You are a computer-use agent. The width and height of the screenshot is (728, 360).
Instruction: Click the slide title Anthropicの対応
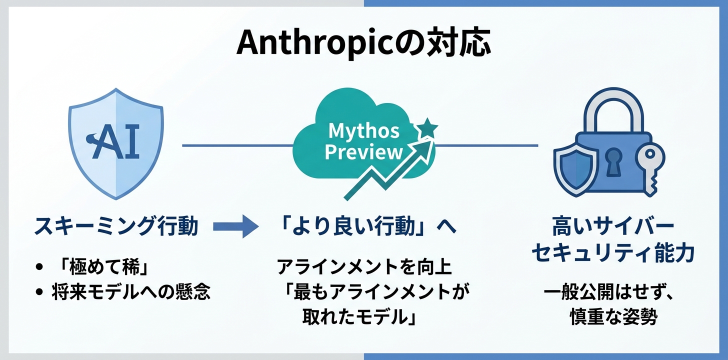click(363, 44)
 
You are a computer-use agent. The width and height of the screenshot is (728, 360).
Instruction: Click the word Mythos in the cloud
click(363, 131)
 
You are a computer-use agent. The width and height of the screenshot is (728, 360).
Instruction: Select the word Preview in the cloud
click(363, 151)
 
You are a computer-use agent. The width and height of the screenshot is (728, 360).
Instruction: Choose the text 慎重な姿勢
click(613, 317)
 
